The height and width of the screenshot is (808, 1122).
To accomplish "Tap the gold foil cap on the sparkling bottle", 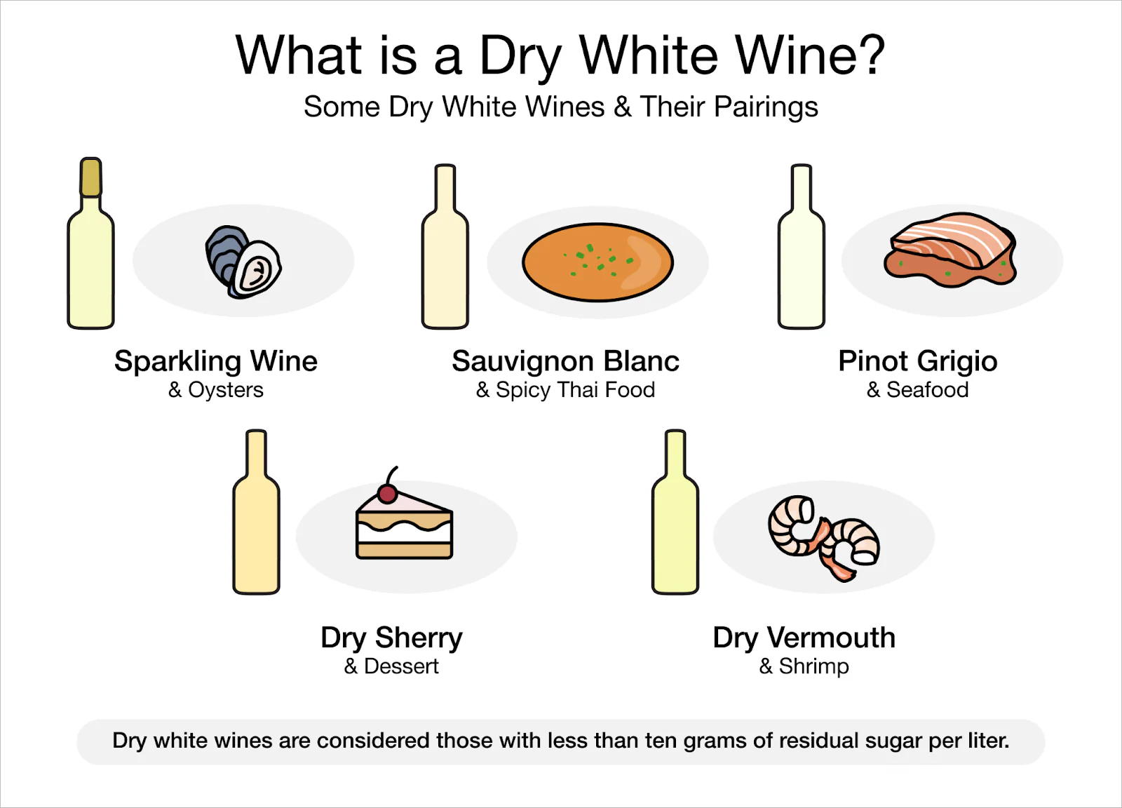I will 90,177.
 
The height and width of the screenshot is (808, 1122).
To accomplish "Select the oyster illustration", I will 243,262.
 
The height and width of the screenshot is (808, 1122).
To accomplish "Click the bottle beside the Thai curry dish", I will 445,267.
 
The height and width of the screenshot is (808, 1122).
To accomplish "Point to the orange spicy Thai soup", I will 597,262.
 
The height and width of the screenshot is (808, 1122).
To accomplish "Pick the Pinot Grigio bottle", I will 802,267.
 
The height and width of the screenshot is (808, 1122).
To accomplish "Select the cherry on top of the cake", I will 387,494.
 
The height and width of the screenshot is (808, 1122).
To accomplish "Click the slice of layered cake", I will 405,529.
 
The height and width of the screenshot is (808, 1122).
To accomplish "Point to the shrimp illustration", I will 824,537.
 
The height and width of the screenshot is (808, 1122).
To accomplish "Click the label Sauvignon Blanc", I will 565,361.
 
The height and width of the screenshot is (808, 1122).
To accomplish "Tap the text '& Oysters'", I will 216,390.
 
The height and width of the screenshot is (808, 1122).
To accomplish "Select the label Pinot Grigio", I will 917,361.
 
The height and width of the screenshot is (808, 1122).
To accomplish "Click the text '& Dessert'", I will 391,666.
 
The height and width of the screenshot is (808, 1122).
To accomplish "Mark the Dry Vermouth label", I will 804,638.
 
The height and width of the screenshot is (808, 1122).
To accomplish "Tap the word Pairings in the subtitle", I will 766,107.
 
